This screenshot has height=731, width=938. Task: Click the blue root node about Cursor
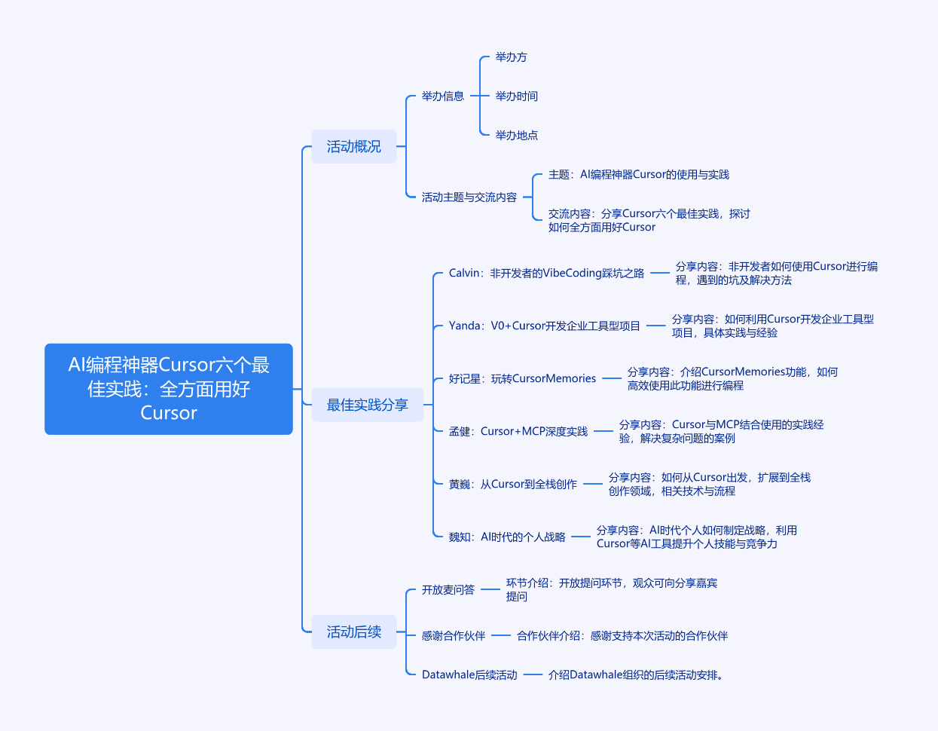point(169,389)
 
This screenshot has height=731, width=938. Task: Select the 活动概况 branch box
point(354,147)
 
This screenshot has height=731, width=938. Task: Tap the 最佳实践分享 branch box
point(367,405)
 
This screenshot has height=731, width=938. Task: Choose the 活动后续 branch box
point(354,632)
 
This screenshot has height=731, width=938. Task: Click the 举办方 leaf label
point(512,57)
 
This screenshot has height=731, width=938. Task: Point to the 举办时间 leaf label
point(517,96)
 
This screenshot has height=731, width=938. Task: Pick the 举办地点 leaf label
point(517,136)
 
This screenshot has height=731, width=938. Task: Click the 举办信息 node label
point(443,96)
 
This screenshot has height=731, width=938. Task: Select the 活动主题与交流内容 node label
point(469,197)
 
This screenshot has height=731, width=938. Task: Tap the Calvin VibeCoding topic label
point(546,274)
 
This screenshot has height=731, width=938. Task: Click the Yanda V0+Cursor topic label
point(544,326)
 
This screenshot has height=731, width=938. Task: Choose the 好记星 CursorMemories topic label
point(522,379)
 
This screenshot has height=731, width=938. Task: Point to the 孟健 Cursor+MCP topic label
point(518,432)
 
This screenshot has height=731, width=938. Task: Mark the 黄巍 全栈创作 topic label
point(513,485)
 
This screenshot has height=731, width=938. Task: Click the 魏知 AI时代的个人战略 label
point(507,537)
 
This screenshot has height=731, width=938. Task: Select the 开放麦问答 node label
point(448,590)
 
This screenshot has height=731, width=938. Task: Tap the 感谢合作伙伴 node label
point(454,636)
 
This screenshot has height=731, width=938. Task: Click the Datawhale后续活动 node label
point(469,675)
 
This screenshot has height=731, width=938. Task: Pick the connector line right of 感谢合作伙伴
point(501,636)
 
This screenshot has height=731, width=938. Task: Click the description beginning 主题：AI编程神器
point(639,175)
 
